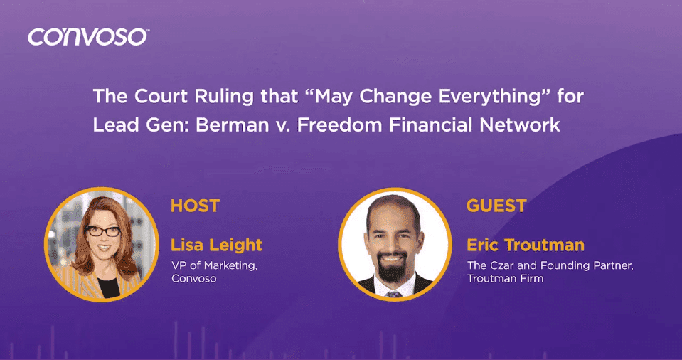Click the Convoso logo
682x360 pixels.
click(x=88, y=36)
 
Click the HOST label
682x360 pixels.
click(x=195, y=206)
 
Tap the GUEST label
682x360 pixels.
click(x=496, y=206)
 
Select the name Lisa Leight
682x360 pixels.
click(x=216, y=245)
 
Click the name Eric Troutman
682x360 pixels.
click(x=526, y=245)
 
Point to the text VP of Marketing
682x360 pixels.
click(x=214, y=266)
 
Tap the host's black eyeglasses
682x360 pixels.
click(x=103, y=231)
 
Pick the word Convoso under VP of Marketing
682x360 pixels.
click(x=193, y=279)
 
